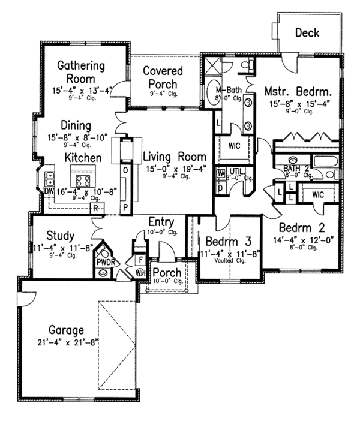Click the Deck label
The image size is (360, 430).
tap(307, 33)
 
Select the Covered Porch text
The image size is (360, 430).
tap(163, 77)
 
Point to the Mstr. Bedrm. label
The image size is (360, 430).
tap(298, 92)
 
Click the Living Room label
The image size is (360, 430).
tap(174, 156)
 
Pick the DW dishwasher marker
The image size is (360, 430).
tap(49, 191)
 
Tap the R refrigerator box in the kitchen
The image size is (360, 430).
tap(95, 208)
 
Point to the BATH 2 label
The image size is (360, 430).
tap(299, 169)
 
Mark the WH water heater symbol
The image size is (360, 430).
tap(140, 273)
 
